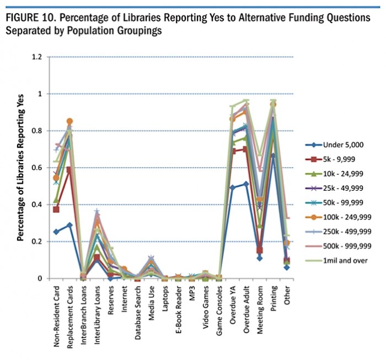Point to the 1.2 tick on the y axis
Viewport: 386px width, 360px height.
36,57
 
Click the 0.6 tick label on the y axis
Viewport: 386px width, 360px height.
36,168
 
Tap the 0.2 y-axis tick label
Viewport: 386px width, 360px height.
36,241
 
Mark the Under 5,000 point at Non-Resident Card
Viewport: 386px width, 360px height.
56,232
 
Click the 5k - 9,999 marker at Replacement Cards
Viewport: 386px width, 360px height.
69,170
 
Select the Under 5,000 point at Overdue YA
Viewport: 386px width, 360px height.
232,187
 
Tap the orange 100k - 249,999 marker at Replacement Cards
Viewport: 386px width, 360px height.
69,121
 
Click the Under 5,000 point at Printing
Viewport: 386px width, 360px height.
272,156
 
